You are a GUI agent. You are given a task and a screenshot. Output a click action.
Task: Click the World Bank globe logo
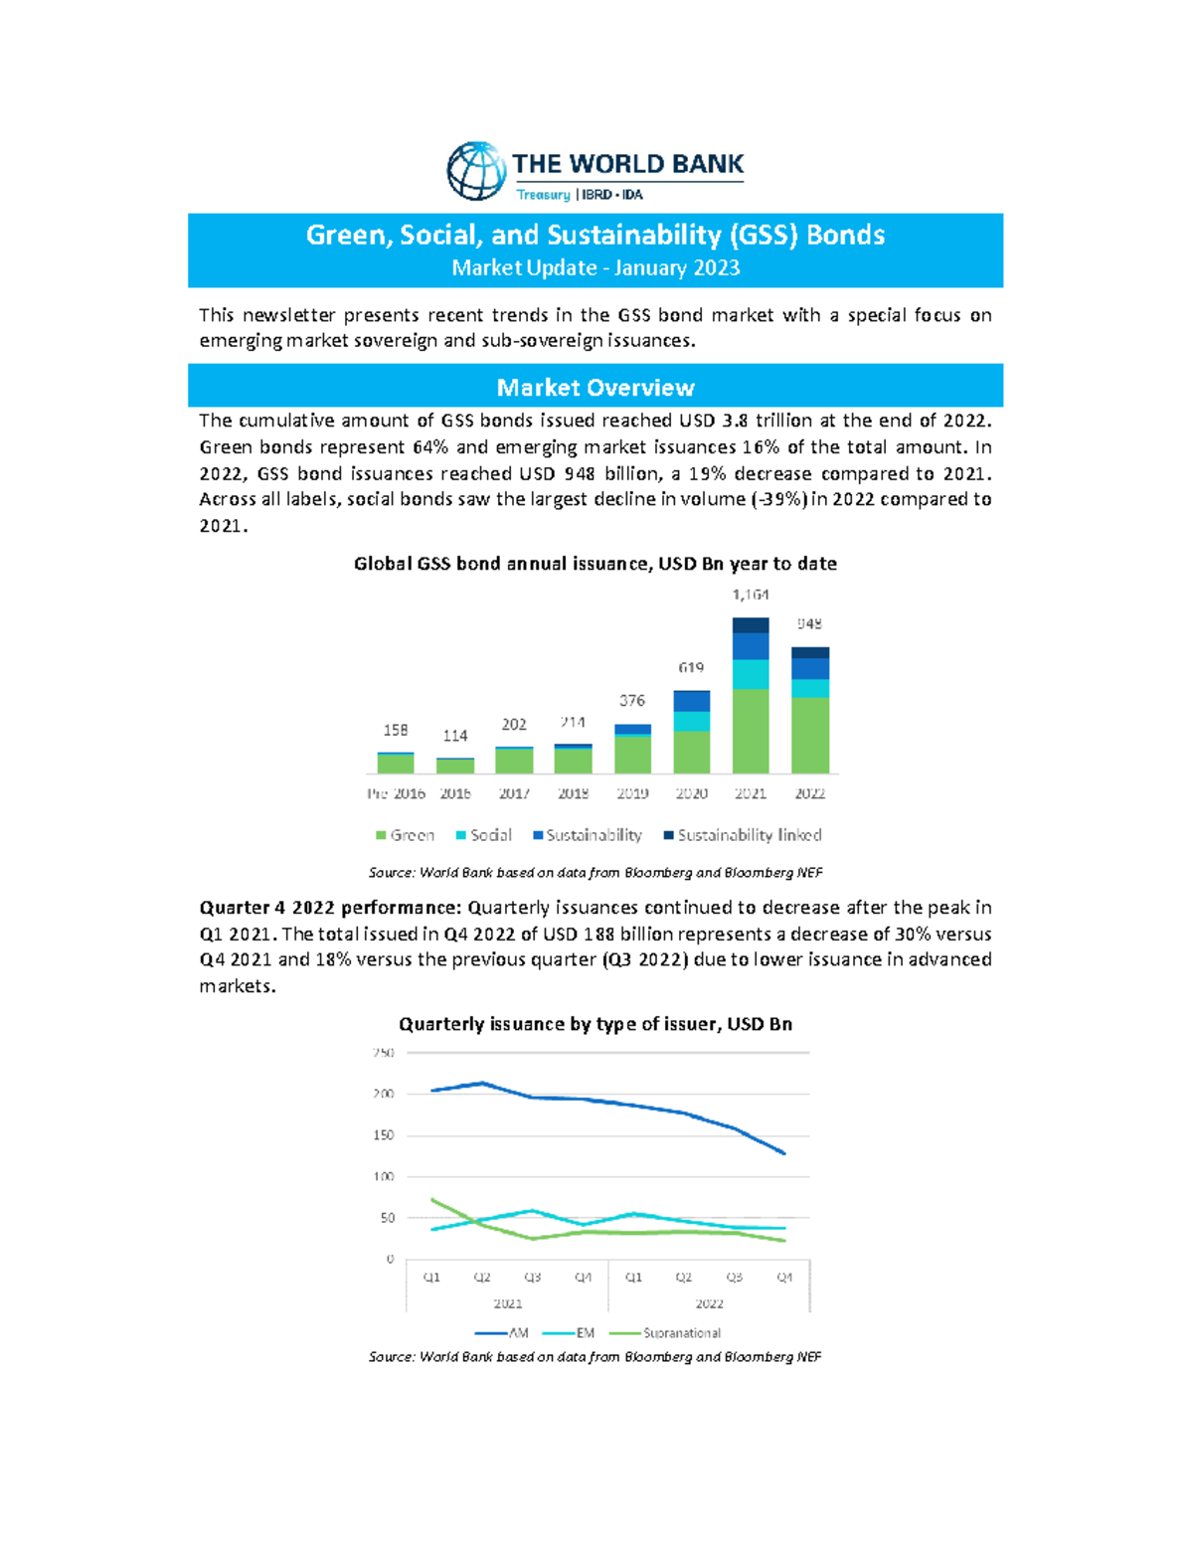coord(476,171)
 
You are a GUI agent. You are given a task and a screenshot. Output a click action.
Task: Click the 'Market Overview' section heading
coord(595,387)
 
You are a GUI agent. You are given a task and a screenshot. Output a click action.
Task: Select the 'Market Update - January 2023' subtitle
coord(595,267)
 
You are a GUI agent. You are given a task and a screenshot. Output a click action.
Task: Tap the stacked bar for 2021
coord(751,696)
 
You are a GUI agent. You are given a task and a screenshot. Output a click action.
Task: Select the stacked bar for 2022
coord(810,711)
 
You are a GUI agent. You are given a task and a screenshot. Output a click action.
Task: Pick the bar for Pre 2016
coord(396,763)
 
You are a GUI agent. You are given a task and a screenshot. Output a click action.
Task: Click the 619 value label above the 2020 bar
coord(691,668)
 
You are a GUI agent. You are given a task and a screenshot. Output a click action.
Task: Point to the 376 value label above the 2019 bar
coord(632,701)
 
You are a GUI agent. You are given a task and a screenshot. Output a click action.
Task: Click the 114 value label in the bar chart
coord(455,736)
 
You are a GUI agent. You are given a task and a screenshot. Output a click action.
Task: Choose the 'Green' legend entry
coord(406,835)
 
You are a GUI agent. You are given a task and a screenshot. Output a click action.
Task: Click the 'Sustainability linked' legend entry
coord(743,835)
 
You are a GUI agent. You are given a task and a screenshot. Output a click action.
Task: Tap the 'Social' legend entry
coord(484,835)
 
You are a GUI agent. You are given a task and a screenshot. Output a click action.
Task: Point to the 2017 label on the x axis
coord(514,793)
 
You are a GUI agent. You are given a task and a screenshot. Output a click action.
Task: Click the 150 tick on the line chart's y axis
coord(384,1134)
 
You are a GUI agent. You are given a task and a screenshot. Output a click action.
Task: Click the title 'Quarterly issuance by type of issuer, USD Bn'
coord(595,1024)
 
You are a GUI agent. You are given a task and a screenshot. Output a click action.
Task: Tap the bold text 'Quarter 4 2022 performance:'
coord(330,908)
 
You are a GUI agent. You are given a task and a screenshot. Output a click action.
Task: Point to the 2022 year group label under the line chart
coord(709,1303)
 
